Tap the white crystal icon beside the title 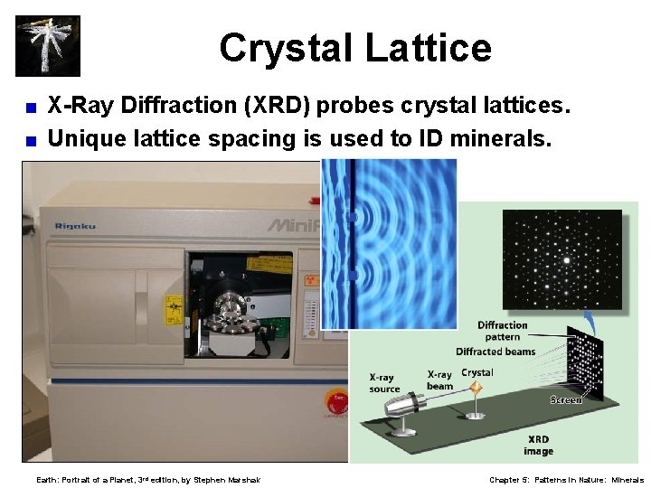pyautogui.click(x=47, y=45)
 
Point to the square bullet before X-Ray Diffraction pyautogui.click(x=30, y=108)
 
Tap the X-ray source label pyautogui.click(x=384, y=383)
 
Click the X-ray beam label pyautogui.click(x=439, y=380)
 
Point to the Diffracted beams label pyautogui.click(x=495, y=352)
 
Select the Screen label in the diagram pyautogui.click(x=566, y=399)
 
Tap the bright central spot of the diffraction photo pyautogui.click(x=567, y=259)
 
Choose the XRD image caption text pyautogui.click(x=538, y=445)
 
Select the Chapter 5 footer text pyautogui.click(x=566, y=480)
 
